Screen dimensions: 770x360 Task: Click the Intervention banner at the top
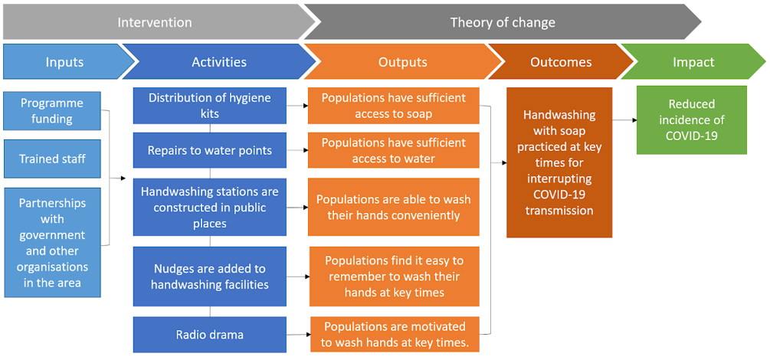pyautogui.click(x=155, y=22)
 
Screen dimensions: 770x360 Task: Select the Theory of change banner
pyautogui.click(x=503, y=22)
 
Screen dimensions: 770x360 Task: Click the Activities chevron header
pyautogui.click(x=219, y=62)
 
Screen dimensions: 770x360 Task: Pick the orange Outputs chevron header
pyautogui.click(x=403, y=62)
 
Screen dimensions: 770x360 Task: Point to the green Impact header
pyautogui.click(x=693, y=62)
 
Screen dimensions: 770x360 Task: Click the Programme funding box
pyautogui.click(x=51, y=111)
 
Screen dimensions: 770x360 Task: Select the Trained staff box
pyautogui.click(x=51, y=159)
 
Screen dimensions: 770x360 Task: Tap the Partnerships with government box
pyautogui.click(x=51, y=242)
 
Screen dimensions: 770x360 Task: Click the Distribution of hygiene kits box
pyautogui.click(x=210, y=106)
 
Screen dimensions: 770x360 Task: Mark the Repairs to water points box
pyautogui.click(x=210, y=150)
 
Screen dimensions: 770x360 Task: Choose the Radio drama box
pyautogui.click(x=210, y=335)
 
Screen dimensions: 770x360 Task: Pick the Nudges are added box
pyautogui.click(x=210, y=277)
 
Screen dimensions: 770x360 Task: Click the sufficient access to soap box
pyautogui.click(x=393, y=106)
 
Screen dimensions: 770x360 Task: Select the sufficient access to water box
pyautogui.click(x=393, y=150)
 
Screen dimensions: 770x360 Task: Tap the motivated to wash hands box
pyautogui.click(x=395, y=335)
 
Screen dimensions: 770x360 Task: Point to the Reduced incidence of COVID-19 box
pyautogui.click(x=691, y=119)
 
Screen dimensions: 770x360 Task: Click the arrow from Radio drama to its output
pyautogui.click(x=298, y=335)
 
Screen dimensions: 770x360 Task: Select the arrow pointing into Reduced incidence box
pyautogui.click(x=624, y=119)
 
